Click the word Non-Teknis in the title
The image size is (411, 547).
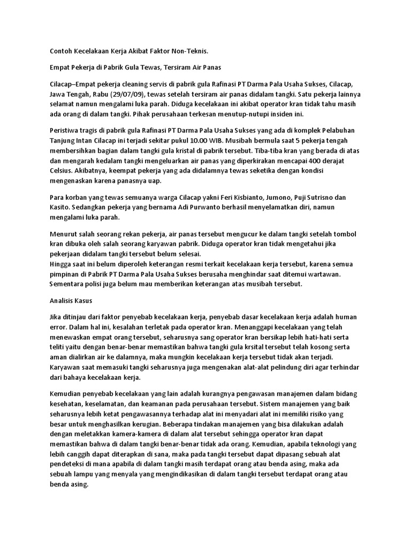[x=188, y=51]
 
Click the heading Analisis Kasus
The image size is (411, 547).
[x=67, y=301]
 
